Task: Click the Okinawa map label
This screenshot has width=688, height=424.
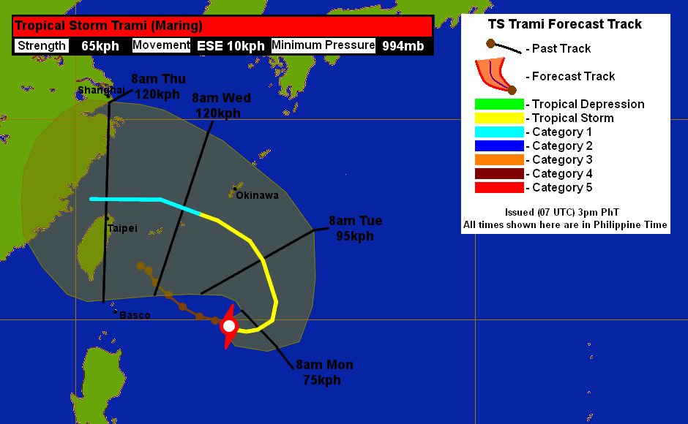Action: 257,195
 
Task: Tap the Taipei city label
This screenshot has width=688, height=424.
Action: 122,228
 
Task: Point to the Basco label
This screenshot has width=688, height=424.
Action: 135,315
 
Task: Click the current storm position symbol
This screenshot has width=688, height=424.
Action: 229,326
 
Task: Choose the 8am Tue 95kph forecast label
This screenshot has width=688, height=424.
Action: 355,228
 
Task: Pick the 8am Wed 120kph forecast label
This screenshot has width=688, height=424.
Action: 221,105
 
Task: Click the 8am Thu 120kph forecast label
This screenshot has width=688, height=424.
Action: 158,86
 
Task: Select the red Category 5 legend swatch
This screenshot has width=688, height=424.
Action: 499,188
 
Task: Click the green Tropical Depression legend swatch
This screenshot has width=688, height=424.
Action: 499,105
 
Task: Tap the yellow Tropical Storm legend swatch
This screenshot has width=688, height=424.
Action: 499,118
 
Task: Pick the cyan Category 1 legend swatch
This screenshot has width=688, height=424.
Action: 499,132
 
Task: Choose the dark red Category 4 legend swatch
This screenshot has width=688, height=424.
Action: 499,174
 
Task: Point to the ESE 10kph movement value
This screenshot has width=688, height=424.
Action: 231,46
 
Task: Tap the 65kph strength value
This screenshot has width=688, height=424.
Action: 100,46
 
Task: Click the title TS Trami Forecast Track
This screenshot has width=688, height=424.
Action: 565,24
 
